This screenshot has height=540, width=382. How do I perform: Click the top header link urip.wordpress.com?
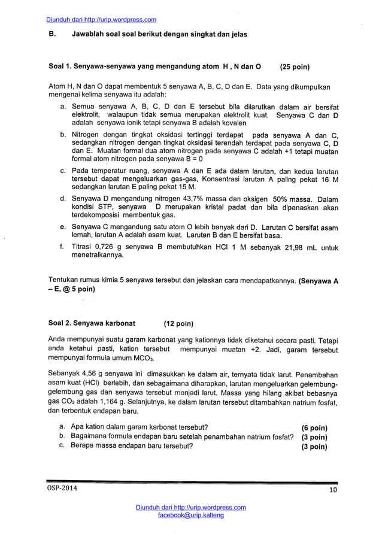101,20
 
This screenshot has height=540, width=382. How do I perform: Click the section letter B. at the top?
51,34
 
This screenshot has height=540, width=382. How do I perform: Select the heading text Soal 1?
60,66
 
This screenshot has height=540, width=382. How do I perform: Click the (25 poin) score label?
290,66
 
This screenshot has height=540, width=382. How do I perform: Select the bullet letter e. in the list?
63,227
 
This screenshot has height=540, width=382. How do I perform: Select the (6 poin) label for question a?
314,427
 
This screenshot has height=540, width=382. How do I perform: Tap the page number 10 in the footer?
333,492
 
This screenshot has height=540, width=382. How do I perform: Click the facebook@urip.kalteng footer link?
190,515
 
